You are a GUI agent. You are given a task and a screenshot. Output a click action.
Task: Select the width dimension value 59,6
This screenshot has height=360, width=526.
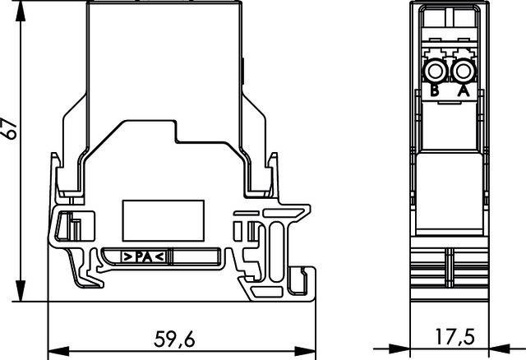175,339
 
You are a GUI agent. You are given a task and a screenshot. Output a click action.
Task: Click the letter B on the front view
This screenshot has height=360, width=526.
436,91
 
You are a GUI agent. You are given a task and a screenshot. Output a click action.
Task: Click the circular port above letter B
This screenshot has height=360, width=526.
436,69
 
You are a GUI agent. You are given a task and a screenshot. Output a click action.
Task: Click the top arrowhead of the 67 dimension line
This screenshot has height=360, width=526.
18,5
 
